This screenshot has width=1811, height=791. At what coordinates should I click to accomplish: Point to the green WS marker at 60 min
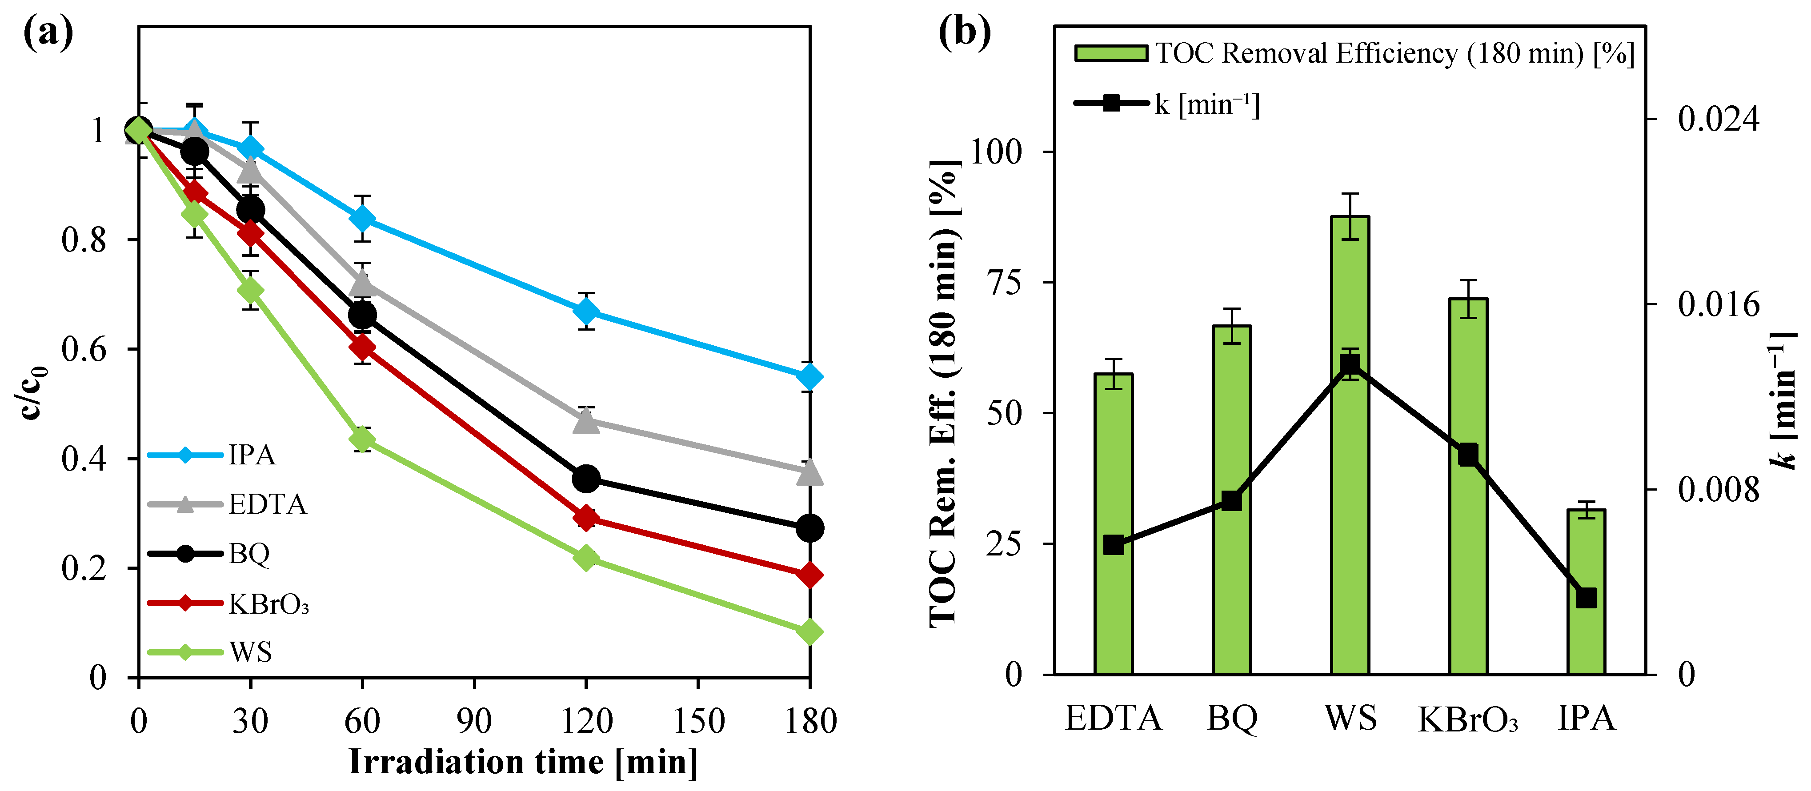pyautogui.click(x=362, y=439)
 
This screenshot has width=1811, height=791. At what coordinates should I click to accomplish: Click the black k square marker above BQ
pyautogui.click(x=1231, y=501)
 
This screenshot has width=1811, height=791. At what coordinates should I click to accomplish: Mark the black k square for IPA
pyautogui.click(x=1586, y=598)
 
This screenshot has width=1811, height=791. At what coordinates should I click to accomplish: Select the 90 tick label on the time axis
pyautogui.click(x=474, y=721)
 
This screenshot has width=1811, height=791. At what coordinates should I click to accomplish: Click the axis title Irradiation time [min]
pyautogui.click(x=523, y=762)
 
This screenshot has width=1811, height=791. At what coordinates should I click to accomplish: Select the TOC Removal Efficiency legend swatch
pyautogui.click(x=1111, y=53)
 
